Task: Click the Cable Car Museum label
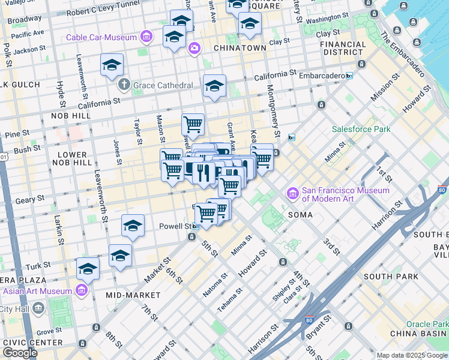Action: [x=101, y=37]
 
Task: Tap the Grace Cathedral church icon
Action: [x=125, y=85]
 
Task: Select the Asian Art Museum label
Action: [x=37, y=291]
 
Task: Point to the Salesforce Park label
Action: [x=361, y=129]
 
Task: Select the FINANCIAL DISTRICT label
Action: [x=343, y=48]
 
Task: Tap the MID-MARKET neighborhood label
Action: [x=133, y=295]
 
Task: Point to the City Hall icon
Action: [x=39, y=308]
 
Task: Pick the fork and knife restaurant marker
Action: [x=203, y=172]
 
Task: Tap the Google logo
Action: [x=19, y=353]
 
